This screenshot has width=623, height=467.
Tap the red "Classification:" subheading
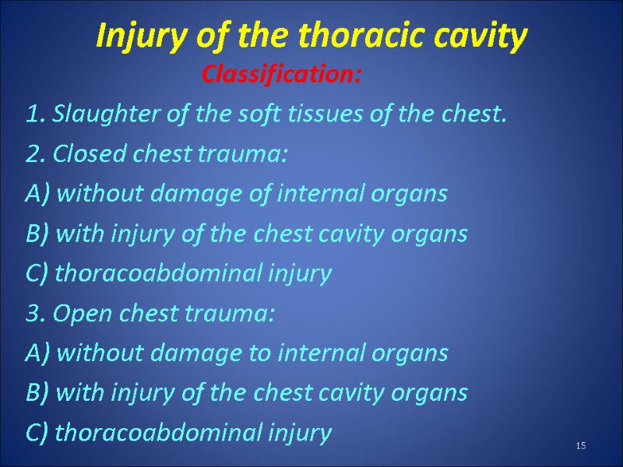tap(282, 75)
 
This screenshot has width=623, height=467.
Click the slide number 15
tap(580, 445)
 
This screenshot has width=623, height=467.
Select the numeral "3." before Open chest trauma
tap(34, 314)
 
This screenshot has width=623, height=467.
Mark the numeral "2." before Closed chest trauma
tap(34, 155)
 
